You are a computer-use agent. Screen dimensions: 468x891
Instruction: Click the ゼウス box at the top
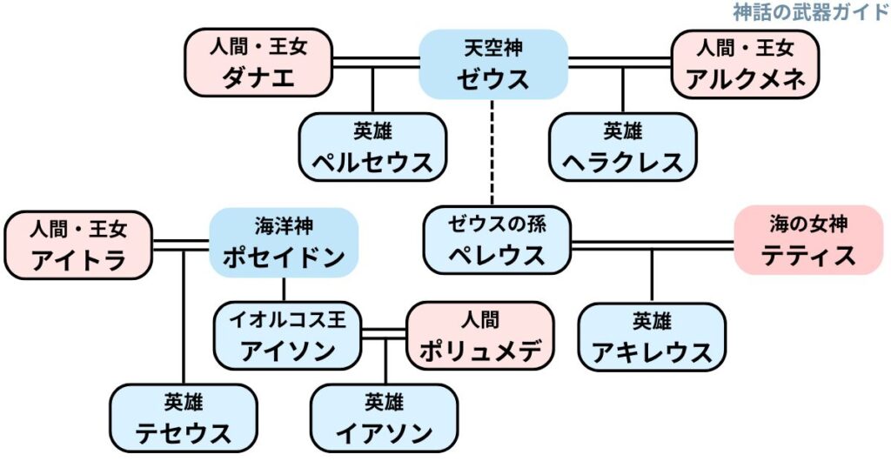[493, 64]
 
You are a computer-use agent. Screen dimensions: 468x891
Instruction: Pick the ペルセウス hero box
[372, 146]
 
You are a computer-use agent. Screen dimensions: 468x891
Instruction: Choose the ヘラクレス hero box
[622, 146]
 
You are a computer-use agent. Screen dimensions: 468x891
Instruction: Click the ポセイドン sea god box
[284, 242]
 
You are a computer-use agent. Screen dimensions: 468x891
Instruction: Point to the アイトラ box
[78, 244]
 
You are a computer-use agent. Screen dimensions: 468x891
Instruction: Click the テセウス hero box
[184, 418]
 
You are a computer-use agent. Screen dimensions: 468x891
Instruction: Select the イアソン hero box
[384, 418]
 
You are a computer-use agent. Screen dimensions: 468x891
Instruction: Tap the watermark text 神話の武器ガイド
[810, 11]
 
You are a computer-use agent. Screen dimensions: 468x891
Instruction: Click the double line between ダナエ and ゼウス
[375, 63]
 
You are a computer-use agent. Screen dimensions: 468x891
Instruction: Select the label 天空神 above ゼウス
[493, 48]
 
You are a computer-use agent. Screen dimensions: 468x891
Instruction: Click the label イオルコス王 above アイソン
[288, 320]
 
